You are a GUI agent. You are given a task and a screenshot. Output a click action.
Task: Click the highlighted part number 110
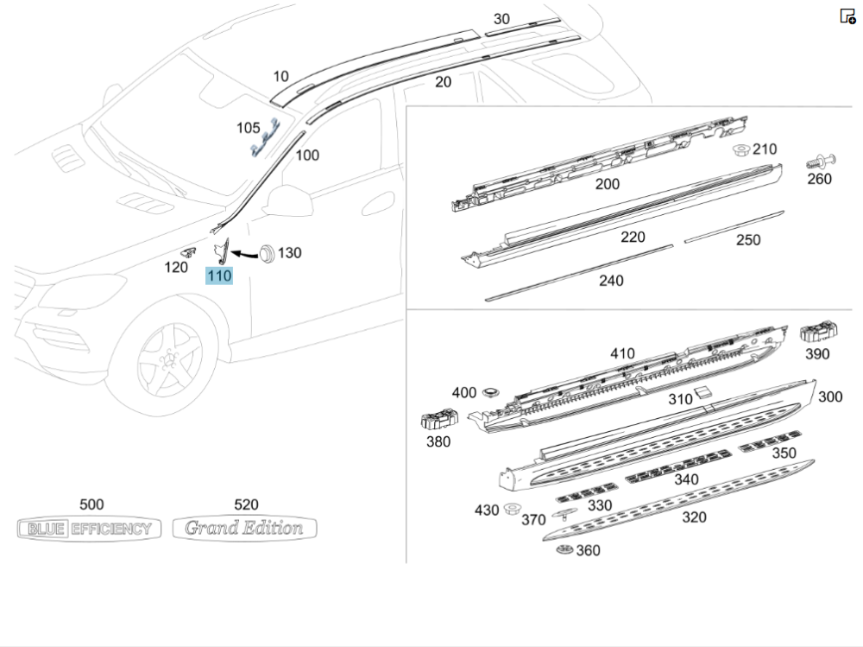tap(218, 276)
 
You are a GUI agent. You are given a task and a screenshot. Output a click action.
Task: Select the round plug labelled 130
tap(265, 252)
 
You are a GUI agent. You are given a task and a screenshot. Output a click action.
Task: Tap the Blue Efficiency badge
tap(89, 529)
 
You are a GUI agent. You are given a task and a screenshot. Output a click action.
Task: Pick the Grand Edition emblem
tap(244, 528)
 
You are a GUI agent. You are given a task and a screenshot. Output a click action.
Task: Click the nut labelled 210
tap(740, 151)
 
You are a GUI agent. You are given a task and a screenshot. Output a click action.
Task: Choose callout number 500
tap(91, 504)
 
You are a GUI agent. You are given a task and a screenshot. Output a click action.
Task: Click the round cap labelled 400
tap(491, 392)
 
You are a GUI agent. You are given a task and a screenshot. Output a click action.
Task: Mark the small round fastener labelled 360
tap(565, 550)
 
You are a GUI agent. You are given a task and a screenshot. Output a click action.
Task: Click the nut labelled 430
tap(512, 508)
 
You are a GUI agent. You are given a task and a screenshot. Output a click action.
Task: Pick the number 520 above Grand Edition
tap(246, 504)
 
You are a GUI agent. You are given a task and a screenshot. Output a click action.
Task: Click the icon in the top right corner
tap(847, 16)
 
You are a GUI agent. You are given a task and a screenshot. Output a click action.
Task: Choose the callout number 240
tap(610, 280)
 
